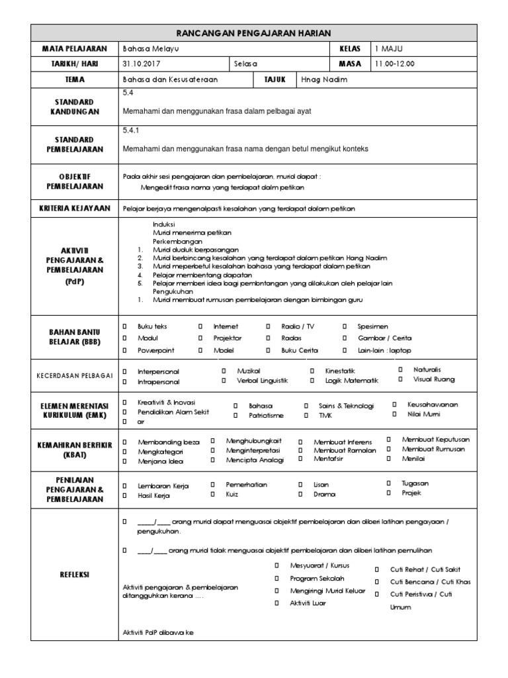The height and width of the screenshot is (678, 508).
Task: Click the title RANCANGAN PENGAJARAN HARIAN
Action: click(x=254, y=32)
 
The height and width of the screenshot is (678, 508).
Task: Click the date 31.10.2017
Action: click(x=141, y=64)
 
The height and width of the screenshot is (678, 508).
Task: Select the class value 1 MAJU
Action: click(x=389, y=48)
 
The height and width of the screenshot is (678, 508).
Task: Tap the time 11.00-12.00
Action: click(x=396, y=64)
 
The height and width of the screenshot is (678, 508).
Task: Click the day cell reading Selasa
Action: click(x=245, y=64)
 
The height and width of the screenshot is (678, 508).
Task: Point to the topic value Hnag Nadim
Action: click(x=324, y=79)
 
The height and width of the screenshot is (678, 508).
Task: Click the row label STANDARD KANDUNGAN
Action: click(x=76, y=107)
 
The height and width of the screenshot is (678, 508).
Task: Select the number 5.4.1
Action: click(x=131, y=130)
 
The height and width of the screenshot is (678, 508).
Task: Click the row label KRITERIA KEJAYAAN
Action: click(x=76, y=209)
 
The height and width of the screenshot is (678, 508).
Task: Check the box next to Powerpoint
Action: click(x=124, y=350)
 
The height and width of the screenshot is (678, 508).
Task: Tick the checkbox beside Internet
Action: click(x=200, y=326)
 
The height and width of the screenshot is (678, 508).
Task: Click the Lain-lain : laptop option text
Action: click(x=384, y=350)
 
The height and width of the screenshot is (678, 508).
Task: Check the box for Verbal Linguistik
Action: click(x=224, y=381)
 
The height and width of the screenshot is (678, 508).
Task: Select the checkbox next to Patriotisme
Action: click(x=235, y=415)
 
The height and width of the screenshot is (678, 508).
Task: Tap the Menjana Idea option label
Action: click(x=161, y=461)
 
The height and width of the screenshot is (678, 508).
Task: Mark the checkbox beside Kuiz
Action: click(x=212, y=494)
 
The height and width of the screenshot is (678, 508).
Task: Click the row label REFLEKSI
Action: click(x=76, y=575)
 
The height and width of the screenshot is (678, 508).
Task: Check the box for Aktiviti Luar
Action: click(x=277, y=603)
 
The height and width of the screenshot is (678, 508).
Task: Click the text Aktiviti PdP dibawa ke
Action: click(x=159, y=633)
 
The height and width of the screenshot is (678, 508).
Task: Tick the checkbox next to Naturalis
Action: click(x=400, y=369)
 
